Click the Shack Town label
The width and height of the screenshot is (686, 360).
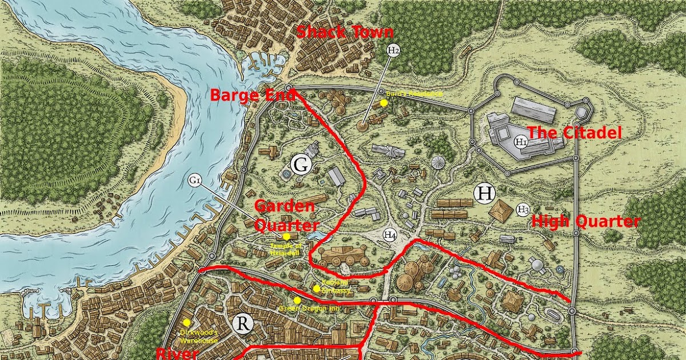tap(344, 33)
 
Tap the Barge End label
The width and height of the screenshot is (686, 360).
tap(252, 95)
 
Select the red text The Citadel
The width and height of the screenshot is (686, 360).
tap(573, 133)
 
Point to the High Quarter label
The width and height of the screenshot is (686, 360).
tap(585, 222)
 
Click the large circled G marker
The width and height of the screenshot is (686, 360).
tap(301, 166)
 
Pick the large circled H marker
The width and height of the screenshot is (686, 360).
tap(485, 194)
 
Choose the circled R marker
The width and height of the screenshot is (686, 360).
tap(243, 323)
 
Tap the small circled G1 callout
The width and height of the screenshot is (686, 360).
tap(195, 181)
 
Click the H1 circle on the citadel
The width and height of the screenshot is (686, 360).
tap(520, 141)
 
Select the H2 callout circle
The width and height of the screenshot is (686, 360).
tap(393, 51)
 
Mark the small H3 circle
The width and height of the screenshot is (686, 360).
tap(523, 210)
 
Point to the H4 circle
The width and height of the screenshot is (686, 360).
tap(390, 234)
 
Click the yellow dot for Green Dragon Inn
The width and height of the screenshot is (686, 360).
tap(297, 300)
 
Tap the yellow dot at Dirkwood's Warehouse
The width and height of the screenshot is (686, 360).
tap(186, 323)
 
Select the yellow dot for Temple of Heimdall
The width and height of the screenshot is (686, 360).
tap(286, 237)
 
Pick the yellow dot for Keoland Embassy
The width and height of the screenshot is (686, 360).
tap(316, 288)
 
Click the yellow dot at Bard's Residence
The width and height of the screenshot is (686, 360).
tap(384, 103)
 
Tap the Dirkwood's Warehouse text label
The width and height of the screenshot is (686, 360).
tap(198, 337)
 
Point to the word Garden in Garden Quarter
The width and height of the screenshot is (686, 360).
tap(284, 206)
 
